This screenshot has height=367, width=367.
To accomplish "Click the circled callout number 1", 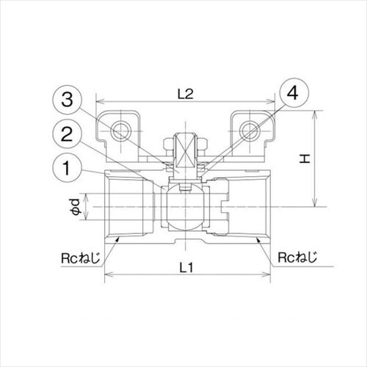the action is pos(67,168).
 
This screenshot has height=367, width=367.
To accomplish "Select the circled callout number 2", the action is pos(67,134).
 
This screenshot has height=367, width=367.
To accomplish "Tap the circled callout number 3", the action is pos(67,100).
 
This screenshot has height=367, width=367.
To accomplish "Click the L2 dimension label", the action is pos(185,94).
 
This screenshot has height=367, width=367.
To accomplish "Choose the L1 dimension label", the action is pos(186,267).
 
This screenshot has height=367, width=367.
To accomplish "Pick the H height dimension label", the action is pos(305,159).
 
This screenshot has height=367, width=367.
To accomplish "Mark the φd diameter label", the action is pos(76,207).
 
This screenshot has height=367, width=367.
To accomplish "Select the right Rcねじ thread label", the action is pos(297,258).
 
